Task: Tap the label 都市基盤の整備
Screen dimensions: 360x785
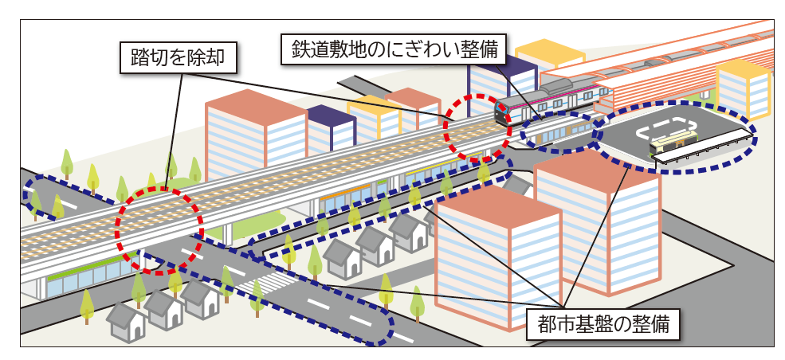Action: [603, 325]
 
